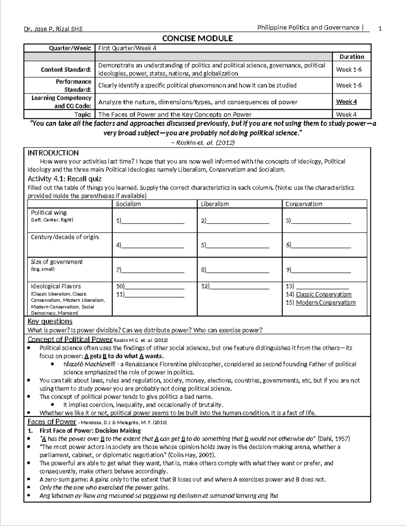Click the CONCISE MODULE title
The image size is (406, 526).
197,38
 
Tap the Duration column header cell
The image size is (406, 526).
352,57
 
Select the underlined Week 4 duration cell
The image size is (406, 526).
346,102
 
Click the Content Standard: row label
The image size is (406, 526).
66,69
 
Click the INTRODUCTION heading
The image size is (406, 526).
53,153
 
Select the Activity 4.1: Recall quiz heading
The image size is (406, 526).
64,178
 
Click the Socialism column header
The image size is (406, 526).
128,204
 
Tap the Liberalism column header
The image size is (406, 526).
215,204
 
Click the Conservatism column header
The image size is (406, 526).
303,204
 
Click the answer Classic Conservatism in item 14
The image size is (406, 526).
323,294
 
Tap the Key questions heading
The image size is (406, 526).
50,321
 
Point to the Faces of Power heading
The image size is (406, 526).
52,422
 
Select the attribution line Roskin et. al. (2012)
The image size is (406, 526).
203,143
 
